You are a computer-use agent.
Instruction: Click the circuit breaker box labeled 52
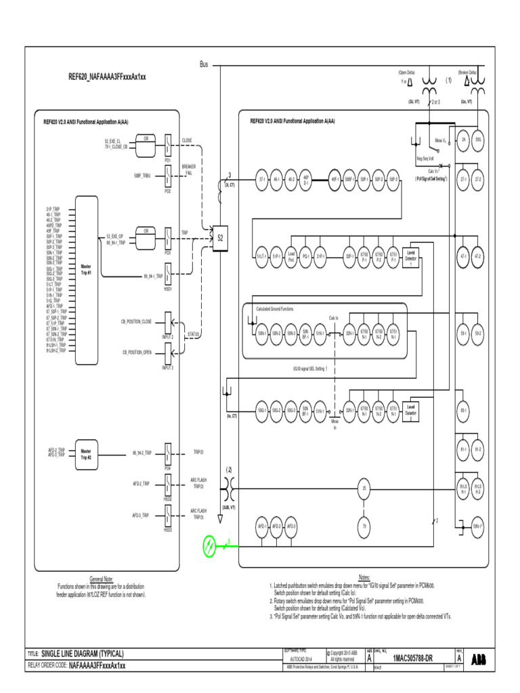[220, 238]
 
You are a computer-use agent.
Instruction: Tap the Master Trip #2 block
[86, 453]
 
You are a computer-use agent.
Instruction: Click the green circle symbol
[211, 543]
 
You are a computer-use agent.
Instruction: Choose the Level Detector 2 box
[410, 410]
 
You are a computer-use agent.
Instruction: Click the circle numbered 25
[364, 489]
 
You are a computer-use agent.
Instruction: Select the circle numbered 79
[364, 526]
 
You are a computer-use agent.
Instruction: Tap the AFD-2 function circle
[276, 526]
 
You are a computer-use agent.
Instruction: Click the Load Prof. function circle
[291, 256]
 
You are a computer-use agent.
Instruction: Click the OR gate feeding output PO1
[144, 139]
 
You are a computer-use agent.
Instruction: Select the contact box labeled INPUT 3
[168, 355]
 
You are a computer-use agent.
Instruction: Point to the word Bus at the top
[204, 65]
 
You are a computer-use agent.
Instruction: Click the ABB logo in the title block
[478, 658]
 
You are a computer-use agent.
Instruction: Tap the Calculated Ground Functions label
[275, 309]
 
